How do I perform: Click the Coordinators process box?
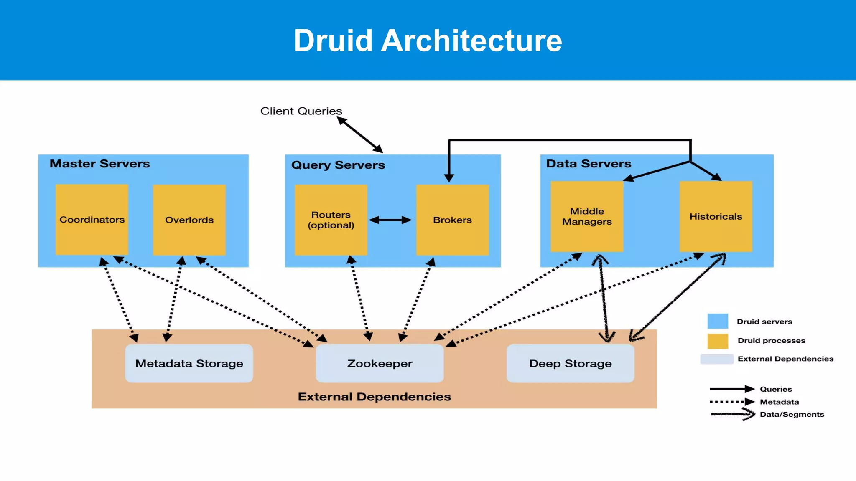[92, 220]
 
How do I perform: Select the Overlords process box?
[189, 220]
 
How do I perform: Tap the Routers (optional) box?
[331, 220]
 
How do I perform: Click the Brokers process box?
[452, 220]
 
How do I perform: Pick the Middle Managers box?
[587, 216]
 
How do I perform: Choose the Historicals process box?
[716, 216]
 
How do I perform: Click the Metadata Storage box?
[189, 363]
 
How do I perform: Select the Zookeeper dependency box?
[380, 363]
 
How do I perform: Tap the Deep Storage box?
[570, 363]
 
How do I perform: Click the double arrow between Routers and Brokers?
[390, 220]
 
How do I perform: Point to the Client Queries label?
[301, 111]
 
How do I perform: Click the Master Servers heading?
[99, 164]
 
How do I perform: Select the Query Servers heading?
[338, 165]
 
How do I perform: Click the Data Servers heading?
[588, 164]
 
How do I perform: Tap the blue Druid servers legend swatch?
[718, 321]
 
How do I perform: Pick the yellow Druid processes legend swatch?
[718, 341]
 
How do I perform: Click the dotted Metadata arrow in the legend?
[732, 402]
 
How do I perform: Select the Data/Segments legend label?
[792, 414]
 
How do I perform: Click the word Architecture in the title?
[471, 41]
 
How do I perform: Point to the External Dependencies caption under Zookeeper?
[374, 397]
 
